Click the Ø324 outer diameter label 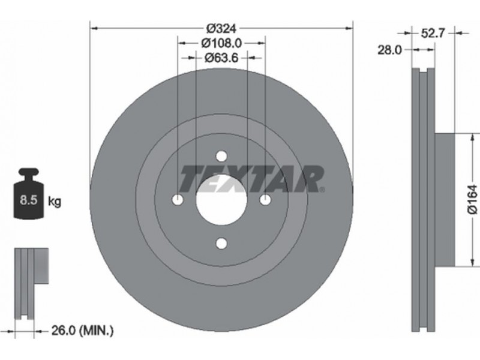pos(221,28)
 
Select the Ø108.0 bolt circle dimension pos(221,43)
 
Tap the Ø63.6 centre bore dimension pos(221,57)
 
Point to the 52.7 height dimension pos(432,33)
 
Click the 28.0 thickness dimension pos(389,50)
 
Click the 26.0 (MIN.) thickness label pos(82,331)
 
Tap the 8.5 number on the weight pos(28,200)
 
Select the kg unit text pos(55,202)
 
